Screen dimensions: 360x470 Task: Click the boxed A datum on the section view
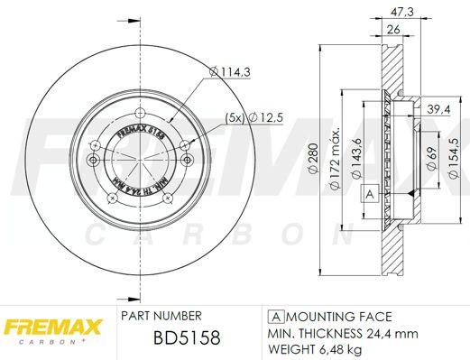[369, 194]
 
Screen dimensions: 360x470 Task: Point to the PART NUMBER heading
[161, 318]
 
